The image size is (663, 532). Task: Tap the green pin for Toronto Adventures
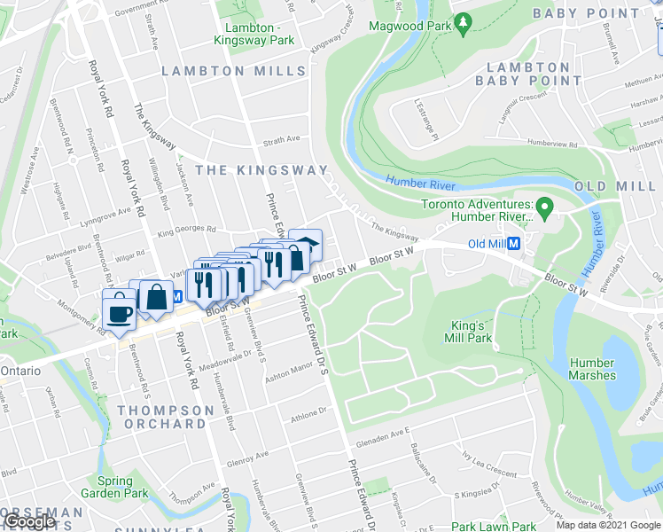[x=546, y=209]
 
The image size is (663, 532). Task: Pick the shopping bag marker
[x=156, y=297]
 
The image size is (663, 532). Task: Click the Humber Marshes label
[x=591, y=369]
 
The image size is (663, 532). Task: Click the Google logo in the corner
[x=29, y=521]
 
